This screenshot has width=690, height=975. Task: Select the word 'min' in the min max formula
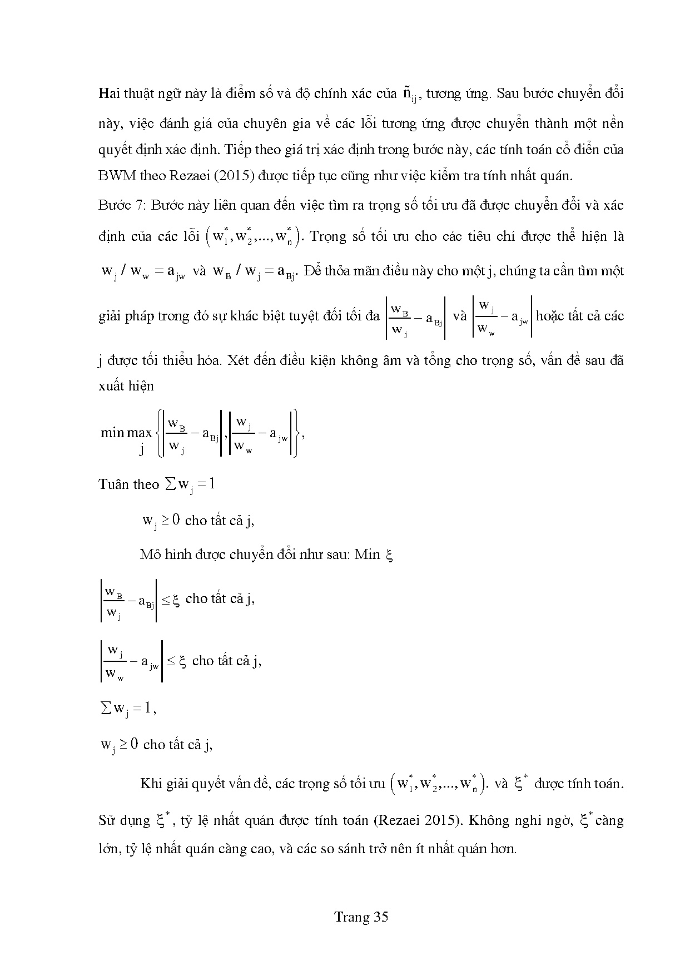112,432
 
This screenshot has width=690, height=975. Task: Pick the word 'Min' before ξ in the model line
367,555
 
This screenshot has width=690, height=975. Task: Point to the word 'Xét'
239,360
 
